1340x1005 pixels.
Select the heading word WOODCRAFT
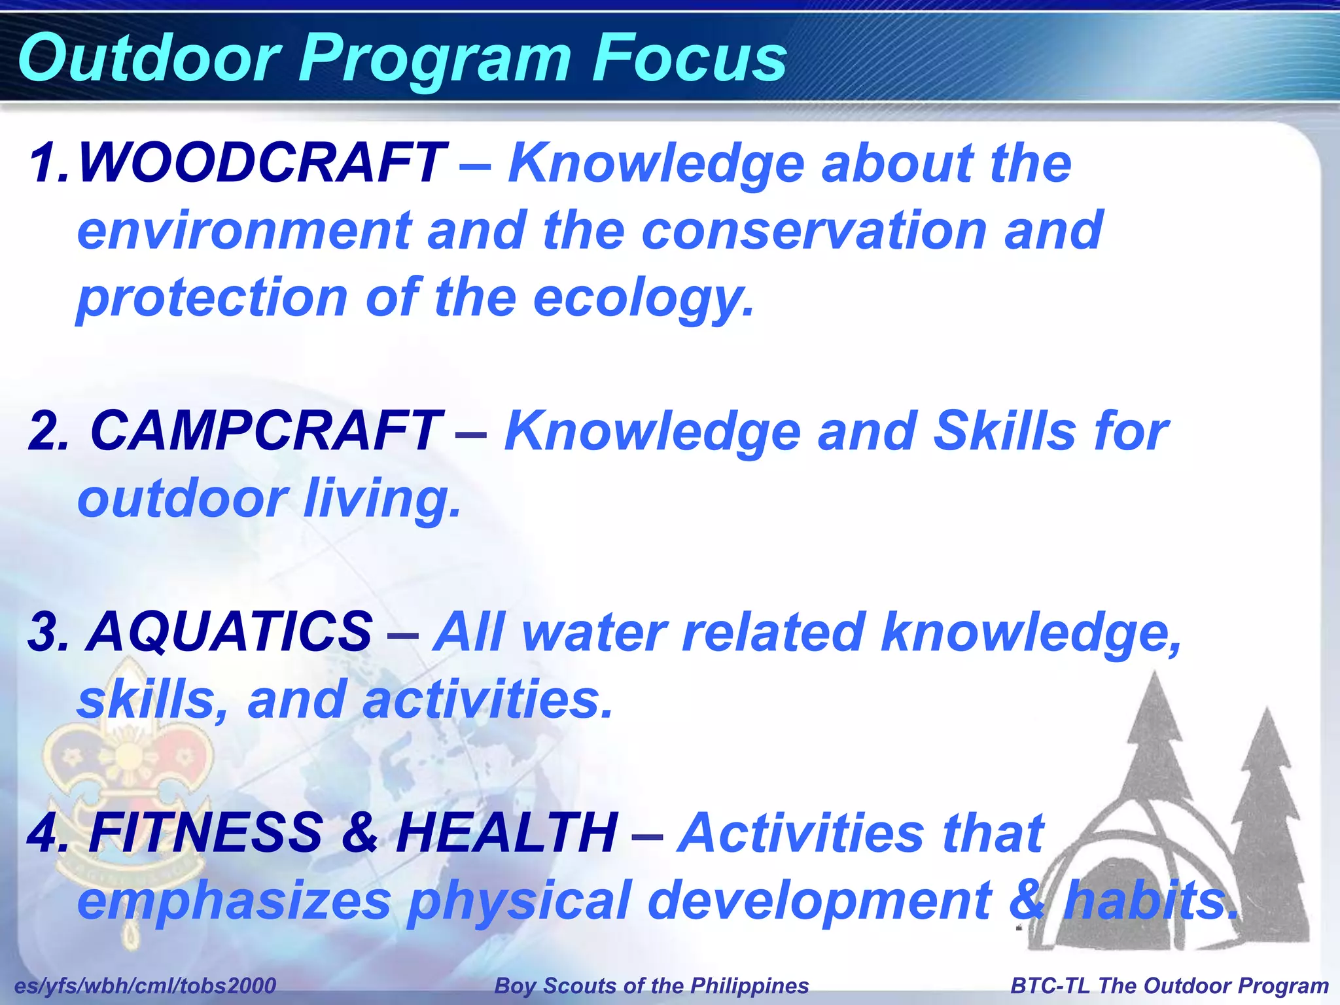click(x=262, y=164)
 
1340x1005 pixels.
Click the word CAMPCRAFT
click(x=265, y=432)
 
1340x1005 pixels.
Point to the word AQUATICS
click(x=229, y=633)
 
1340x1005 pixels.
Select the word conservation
click(x=815, y=231)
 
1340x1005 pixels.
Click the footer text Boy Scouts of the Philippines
click(x=652, y=985)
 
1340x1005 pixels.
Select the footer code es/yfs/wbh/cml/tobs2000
click(x=145, y=985)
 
